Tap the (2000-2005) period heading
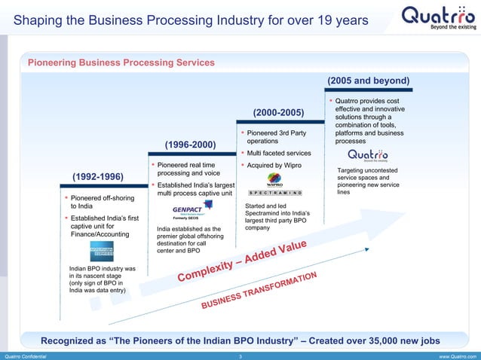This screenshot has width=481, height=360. tap(278, 113)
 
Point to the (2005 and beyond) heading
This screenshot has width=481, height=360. tap(369, 81)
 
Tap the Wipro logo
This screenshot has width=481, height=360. tap(275, 181)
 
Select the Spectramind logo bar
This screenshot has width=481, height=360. tap(275, 194)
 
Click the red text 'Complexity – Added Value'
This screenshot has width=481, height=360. tap(242, 263)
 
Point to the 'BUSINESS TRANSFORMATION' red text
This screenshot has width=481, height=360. tap(261, 291)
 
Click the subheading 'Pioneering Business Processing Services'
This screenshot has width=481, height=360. tap(121, 63)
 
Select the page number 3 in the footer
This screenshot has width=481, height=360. tap(240, 355)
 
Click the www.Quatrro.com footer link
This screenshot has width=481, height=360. tap(455, 355)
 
